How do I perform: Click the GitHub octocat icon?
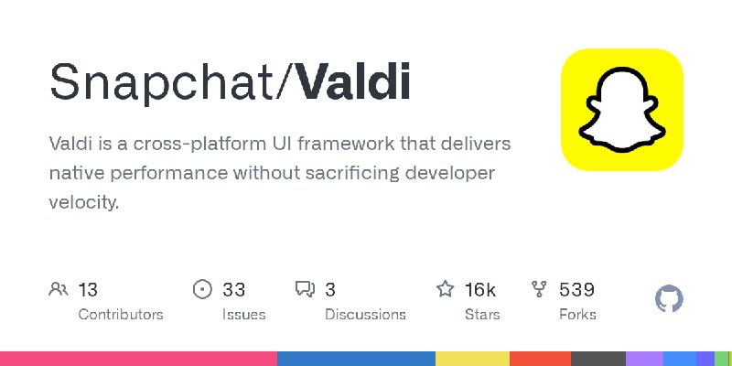tap(670, 299)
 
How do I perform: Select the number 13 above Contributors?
tap(88, 290)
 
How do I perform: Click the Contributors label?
tap(121, 314)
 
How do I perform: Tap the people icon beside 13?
tap(59, 290)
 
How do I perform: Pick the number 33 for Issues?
tap(233, 290)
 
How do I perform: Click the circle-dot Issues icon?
tap(202, 290)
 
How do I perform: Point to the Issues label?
tap(243, 314)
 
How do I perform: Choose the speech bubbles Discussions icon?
tap(305, 290)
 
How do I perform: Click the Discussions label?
tap(365, 314)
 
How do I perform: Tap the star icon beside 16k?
tap(446, 290)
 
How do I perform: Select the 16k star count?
tap(479, 290)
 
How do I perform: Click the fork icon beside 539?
tap(540, 290)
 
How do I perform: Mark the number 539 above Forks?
tap(576, 290)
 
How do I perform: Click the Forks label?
tap(577, 314)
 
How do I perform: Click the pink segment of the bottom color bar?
tap(137, 359)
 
